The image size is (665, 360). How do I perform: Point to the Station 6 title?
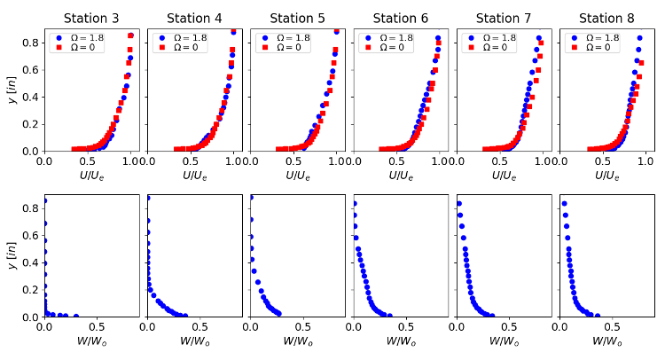point(400,18)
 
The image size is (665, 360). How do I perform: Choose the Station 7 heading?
point(504,18)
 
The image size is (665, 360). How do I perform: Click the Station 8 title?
point(606,18)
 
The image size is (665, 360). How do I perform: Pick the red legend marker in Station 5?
point(262,47)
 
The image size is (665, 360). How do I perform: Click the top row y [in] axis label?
point(11,90)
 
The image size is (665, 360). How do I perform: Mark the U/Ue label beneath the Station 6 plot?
point(400,176)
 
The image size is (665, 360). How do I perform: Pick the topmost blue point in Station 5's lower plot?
point(252,198)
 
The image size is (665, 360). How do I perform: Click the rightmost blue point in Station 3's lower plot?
point(76,316)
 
